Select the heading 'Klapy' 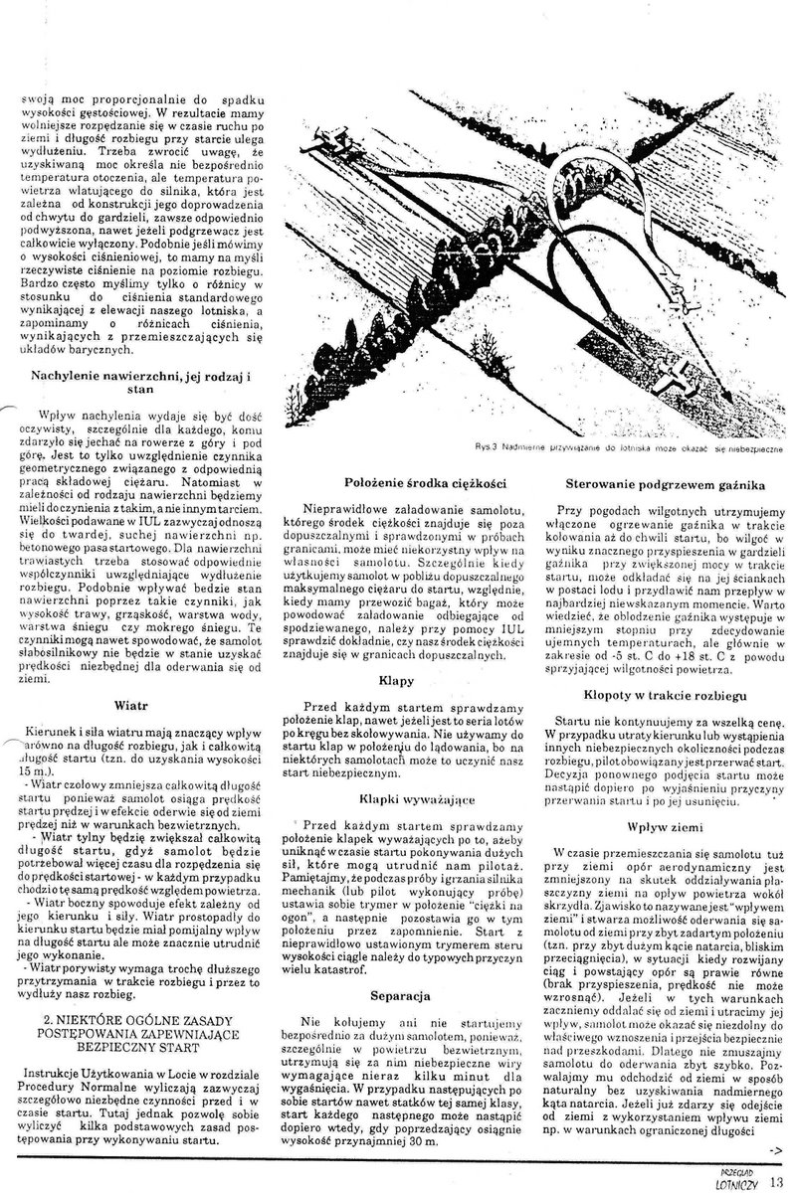pyautogui.click(x=395, y=683)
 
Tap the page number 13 pyautogui.click(x=777, y=1181)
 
